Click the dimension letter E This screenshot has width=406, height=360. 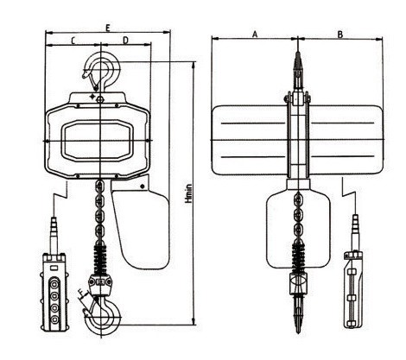pos(108,28)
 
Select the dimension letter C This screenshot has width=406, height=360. pos(73,41)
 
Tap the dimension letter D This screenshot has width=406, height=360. pos(125,41)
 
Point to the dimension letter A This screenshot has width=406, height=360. pos(255,35)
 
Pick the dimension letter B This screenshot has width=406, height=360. pos(340,35)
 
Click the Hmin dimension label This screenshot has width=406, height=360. pos(188,193)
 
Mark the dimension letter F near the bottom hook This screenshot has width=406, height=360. pos(83,294)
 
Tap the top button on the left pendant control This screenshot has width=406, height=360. pos(54,285)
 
